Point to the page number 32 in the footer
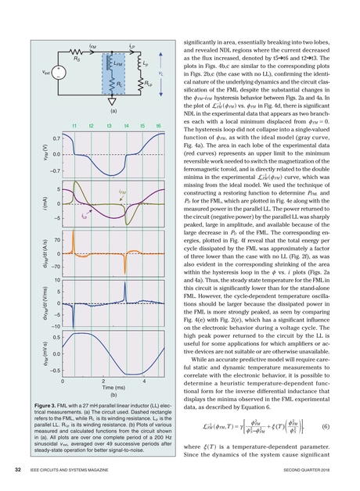coord(17,470)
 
